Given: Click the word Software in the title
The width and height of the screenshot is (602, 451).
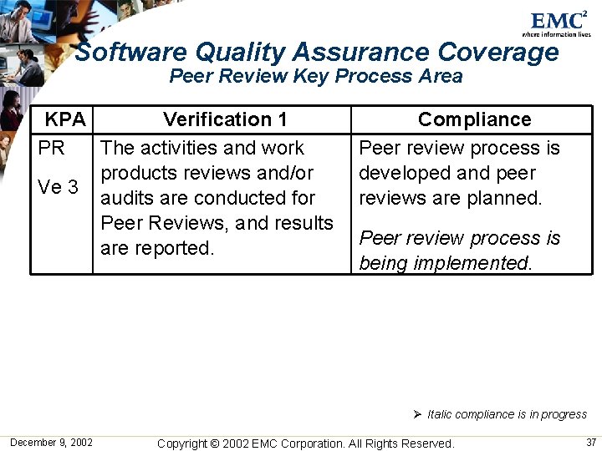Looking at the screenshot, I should [130, 53].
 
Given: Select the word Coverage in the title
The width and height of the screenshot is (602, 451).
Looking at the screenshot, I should [498, 53].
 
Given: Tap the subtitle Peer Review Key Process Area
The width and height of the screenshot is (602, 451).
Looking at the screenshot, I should [316, 77].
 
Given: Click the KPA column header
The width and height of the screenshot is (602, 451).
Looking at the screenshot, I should [65, 119].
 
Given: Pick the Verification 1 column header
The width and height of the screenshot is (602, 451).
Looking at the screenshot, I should [225, 119].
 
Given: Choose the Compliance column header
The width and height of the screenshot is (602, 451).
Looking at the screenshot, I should [474, 119].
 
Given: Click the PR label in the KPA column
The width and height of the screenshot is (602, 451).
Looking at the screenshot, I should [52, 148].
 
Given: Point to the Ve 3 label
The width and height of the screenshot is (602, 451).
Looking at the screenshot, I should [59, 187].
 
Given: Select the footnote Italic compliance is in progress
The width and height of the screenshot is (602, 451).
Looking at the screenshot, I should [507, 414].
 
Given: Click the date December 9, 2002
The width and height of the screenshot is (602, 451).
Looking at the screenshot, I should [51, 442].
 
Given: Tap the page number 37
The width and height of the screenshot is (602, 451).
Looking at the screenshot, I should [591, 442].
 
